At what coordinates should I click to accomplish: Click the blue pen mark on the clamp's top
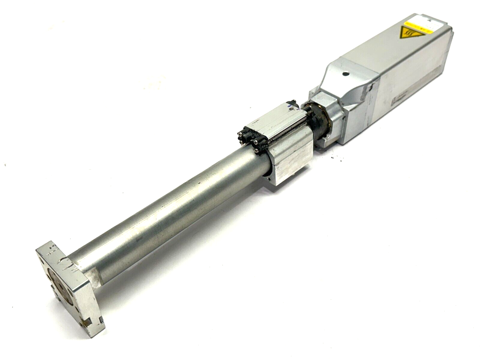288,105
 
